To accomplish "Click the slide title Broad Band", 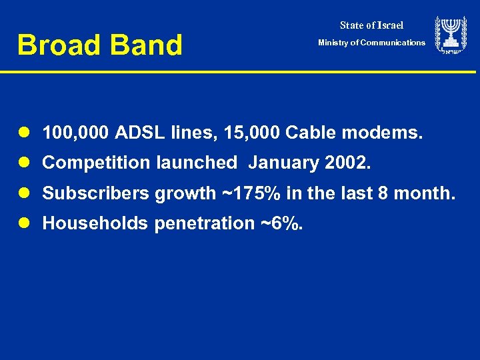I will pyautogui.click(x=99, y=45).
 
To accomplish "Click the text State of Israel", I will pyautogui.click(x=371, y=25).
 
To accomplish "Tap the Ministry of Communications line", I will pyautogui.click(x=371, y=43).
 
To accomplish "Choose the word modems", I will pyautogui.click(x=382, y=133).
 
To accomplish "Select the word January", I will pyautogui.click(x=279, y=163).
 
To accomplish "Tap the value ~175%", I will pyautogui.click(x=246, y=193).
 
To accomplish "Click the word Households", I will pyautogui.click(x=95, y=223).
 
